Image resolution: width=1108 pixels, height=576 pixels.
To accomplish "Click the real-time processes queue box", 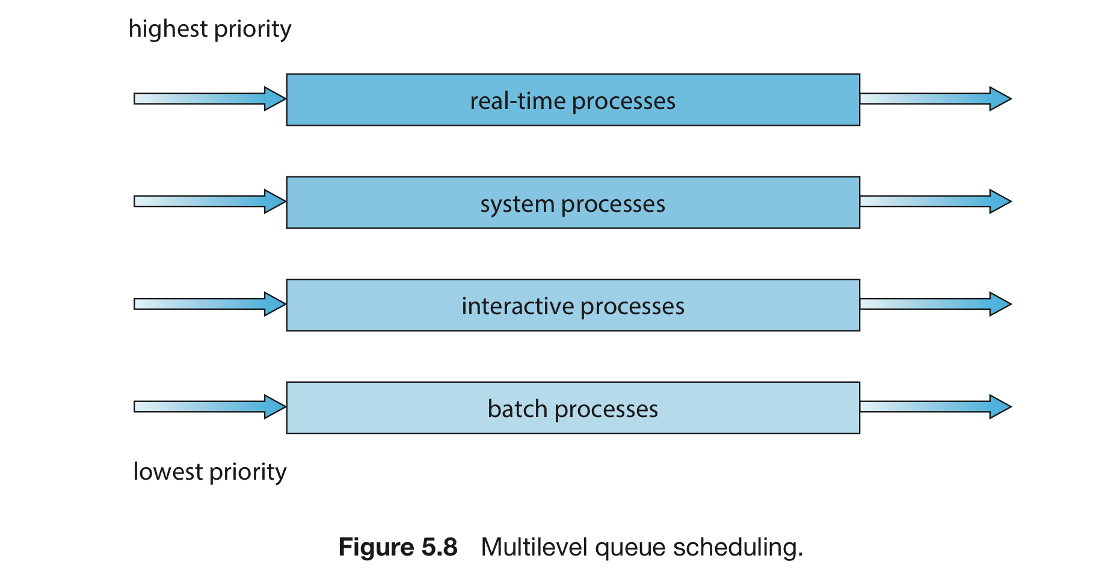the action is coord(573,100).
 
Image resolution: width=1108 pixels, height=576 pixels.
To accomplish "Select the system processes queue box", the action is coord(573,202).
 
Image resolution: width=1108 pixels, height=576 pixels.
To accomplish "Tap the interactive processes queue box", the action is coord(573,305).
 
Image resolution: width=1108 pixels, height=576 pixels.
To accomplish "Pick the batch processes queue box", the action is coord(573,407).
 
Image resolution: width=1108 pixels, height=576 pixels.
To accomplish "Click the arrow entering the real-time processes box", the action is coord(210,99).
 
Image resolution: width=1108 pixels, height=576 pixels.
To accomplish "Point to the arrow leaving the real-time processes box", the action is coord(936,99).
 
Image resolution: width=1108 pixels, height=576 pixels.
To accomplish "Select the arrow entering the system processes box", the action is coord(210,201).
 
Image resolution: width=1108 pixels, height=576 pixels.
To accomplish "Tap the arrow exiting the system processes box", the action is coord(936,201).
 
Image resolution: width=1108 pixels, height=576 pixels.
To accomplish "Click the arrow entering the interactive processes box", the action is coord(210,304).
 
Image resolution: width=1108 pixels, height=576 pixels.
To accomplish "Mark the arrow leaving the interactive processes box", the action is coord(936,304).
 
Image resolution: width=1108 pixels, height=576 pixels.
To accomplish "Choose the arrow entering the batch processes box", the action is coord(210,407).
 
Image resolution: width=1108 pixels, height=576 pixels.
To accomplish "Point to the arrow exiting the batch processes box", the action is coord(936,407).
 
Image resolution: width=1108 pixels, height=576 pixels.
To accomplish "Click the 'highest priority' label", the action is coord(210,29).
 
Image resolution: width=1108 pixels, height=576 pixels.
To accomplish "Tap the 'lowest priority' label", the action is coord(210,472).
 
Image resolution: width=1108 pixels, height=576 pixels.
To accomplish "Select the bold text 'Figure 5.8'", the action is coord(398,547).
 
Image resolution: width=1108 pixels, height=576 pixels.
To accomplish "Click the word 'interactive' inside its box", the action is coord(518,306).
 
